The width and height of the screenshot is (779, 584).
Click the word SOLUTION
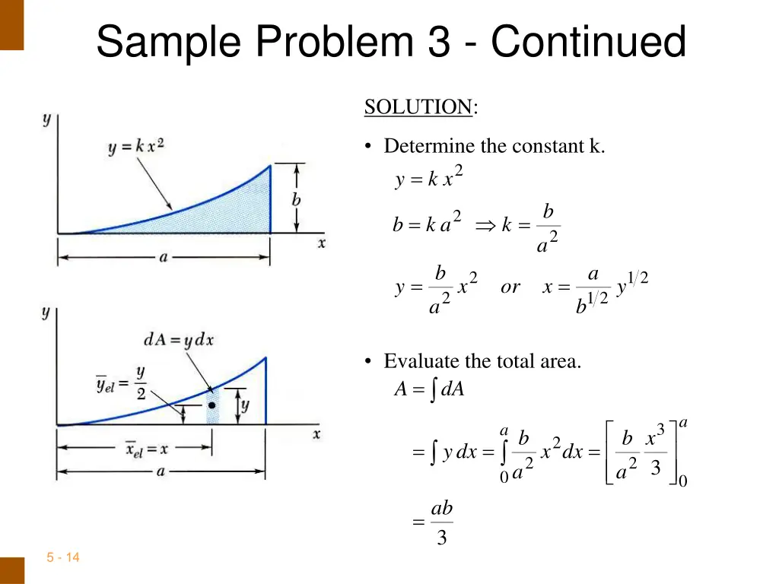[418, 107]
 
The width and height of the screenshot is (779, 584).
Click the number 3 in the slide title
[438, 43]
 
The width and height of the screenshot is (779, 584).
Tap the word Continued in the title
[588, 43]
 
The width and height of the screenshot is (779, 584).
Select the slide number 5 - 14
[62, 557]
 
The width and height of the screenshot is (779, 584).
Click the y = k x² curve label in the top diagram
[136, 146]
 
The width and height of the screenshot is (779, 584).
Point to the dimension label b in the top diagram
[296, 200]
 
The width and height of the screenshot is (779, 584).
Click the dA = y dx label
[178, 340]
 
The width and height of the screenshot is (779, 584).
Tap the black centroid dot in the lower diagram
[213, 405]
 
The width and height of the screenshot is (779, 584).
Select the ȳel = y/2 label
[122, 384]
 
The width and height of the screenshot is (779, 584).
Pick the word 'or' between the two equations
[510, 287]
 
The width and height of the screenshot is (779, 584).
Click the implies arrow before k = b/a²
[485, 226]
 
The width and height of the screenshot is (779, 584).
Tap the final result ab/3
[441, 522]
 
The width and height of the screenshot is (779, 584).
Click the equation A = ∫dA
[429, 389]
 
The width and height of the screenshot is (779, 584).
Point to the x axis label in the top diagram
[322, 243]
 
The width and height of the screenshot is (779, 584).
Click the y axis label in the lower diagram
[46, 312]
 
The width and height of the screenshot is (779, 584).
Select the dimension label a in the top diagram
[163, 257]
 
